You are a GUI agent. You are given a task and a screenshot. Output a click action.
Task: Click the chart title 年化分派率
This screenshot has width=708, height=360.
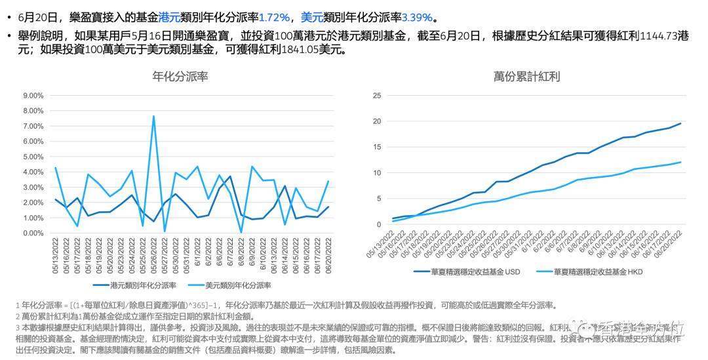[180, 76]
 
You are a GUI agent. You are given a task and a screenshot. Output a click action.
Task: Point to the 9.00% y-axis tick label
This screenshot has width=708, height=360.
[33, 95]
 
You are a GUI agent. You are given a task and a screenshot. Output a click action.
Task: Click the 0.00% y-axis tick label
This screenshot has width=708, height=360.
[33, 233]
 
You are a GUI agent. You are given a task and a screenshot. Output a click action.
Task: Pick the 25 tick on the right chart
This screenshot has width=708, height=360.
[376, 95]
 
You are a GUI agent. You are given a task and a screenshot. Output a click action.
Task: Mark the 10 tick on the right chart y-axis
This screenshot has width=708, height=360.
[376, 172]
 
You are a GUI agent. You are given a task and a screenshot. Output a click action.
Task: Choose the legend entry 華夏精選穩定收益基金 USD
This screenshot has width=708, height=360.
[476, 270]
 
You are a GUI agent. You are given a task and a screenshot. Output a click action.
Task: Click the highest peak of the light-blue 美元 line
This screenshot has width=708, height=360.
[153, 117]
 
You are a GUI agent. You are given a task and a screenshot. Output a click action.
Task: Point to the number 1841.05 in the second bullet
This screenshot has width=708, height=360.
[300, 49]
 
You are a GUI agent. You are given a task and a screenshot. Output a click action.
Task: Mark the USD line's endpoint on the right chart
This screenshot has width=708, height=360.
[680, 123]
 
